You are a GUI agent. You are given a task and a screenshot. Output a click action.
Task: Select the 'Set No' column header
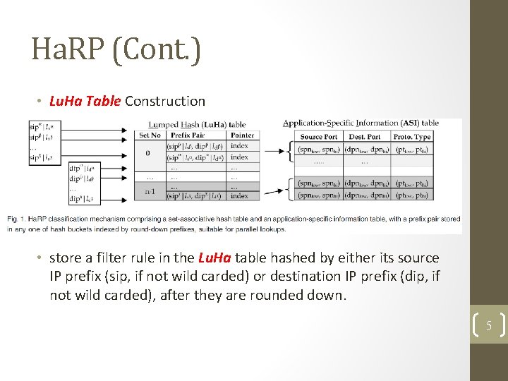150,135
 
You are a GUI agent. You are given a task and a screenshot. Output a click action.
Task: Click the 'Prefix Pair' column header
188,135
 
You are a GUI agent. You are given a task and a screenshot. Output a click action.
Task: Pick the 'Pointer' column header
242,135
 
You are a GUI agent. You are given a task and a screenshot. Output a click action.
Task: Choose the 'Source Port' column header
318,136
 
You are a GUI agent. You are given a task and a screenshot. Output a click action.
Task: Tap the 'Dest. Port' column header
365,136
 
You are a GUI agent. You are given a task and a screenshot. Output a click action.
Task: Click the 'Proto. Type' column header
412,136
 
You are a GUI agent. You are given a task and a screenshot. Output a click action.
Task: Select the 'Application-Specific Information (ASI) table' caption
361,123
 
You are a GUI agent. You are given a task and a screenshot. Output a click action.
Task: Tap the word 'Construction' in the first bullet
165,102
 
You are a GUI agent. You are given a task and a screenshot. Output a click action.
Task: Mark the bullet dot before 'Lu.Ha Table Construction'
40,102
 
